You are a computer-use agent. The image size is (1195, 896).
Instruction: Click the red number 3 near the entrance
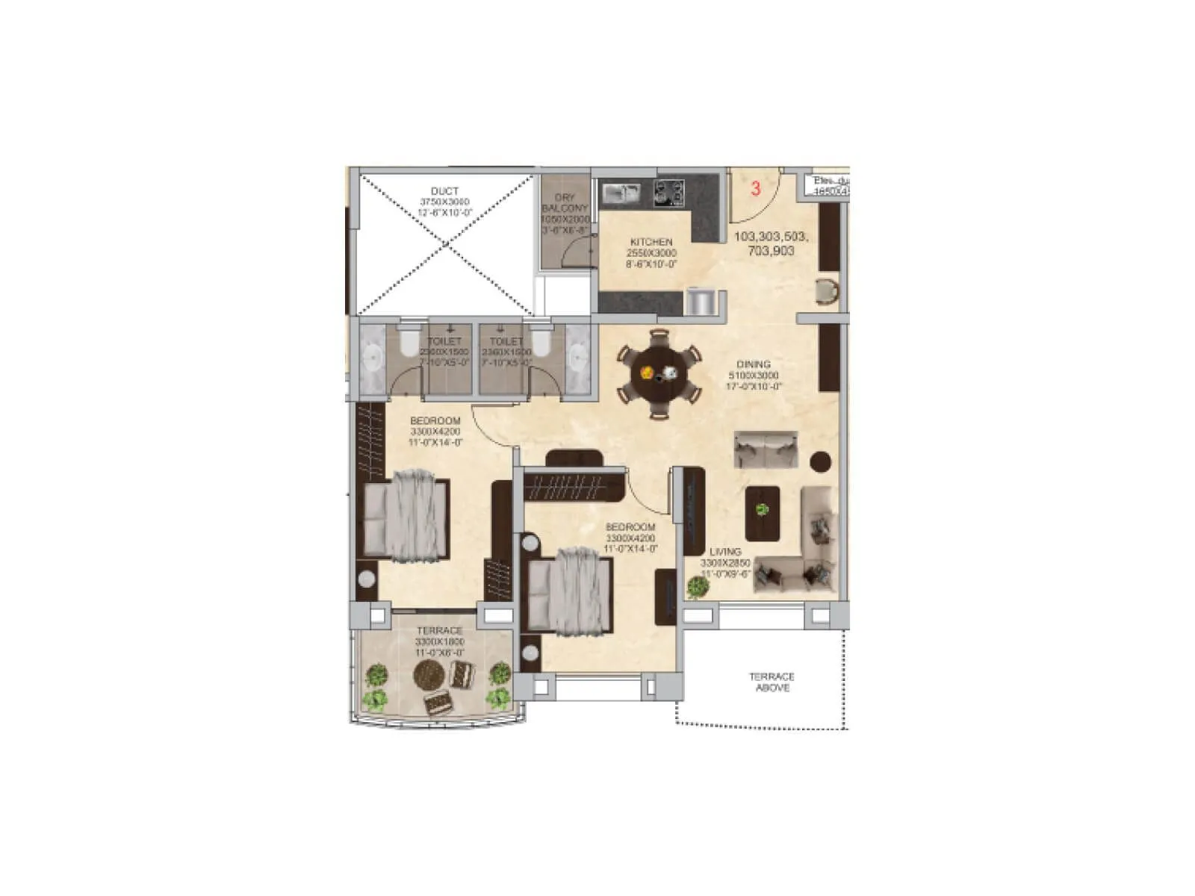pyautogui.click(x=755, y=188)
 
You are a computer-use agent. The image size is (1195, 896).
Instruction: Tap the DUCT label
pyautogui.click(x=444, y=192)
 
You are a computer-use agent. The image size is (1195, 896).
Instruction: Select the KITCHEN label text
pyautogui.click(x=651, y=243)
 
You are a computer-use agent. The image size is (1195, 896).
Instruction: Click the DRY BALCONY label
pyautogui.click(x=565, y=202)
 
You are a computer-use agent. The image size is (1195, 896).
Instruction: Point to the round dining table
pyautogui.click(x=659, y=373)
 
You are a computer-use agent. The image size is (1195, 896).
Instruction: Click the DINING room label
pyautogui.click(x=753, y=364)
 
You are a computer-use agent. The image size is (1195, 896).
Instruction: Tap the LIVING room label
pyautogui.click(x=725, y=552)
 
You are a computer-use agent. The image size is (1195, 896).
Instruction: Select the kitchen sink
pyautogui.click(x=619, y=193)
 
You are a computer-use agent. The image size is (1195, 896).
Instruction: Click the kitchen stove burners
pyautogui.click(x=669, y=193)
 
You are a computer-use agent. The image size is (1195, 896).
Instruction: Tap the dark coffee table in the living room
pyautogui.click(x=763, y=513)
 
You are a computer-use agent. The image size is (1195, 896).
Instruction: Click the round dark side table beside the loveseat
pyautogui.click(x=821, y=462)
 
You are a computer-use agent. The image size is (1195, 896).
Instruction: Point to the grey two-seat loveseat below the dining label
pyautogui.click(x=766, y=449)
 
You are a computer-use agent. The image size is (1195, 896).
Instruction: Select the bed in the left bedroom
pyautogui.click(x=407, y=515)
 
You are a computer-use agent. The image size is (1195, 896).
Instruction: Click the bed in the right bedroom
pyautogui.click(x=571, y=590)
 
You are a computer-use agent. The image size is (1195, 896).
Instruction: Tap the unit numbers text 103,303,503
pyautogui.click(x=771, y=237)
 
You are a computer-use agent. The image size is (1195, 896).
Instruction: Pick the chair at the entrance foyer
pyautogui.click(x=826, y=291)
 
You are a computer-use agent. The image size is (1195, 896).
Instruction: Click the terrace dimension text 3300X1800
pyautogui.click(x=440, y=642)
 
